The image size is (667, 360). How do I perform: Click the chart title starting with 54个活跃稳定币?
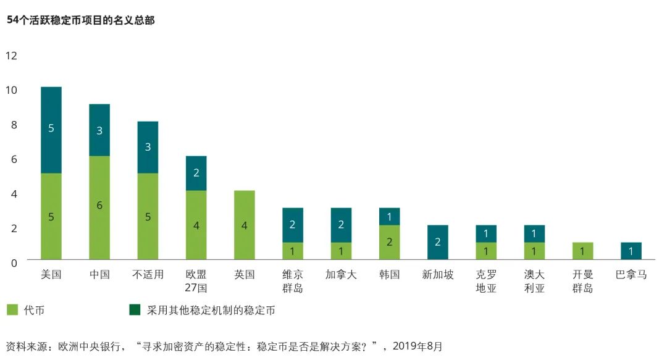(x=80, y=20)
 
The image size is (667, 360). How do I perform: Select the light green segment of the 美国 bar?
(x=51, y=216)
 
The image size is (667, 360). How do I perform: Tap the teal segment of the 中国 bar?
(x=99, y=130)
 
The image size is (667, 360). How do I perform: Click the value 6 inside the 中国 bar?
(x=99, y=205)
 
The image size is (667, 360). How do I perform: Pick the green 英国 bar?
(x=245, y=225)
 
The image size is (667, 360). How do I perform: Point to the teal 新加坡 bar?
(x=438, y=242)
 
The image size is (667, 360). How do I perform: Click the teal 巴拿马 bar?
(x=631, y=251)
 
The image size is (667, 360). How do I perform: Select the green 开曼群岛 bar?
(x=582, y=251)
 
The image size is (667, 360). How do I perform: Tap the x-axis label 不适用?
(x=148, y=275)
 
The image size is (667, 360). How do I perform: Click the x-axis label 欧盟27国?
(x=196, y=281)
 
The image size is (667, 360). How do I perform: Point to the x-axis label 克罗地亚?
(x=486, y=281)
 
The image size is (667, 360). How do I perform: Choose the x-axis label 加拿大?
(x=341, y=275)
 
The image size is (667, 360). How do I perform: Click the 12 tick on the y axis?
(x=11, y=56)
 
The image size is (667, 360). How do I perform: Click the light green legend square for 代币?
(x=12, y=310)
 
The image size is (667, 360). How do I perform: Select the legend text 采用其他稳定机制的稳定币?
(x=211, y=311)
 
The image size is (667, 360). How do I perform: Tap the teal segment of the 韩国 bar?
(x=389, y=216)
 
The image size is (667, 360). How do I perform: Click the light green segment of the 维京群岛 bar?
(x=293, y=251)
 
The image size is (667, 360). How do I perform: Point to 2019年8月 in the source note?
(x=417, y=346)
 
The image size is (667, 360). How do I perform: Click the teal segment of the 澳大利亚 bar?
(x=534, y=233)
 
